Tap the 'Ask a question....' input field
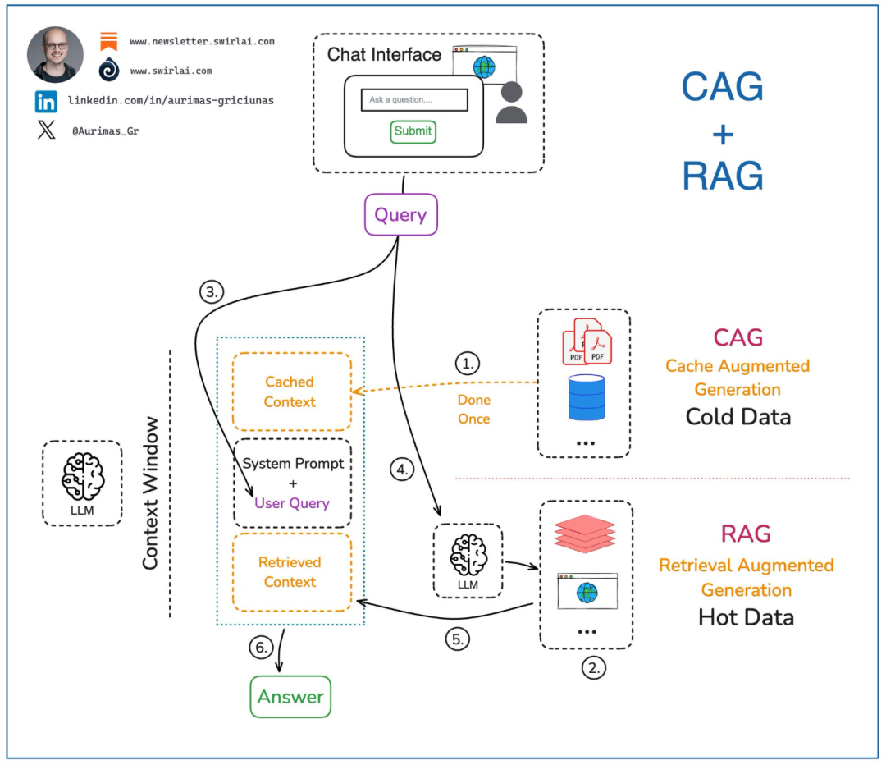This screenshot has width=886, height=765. coord(414,100)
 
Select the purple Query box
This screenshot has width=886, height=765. coord(401,216)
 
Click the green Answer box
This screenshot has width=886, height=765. coord(290,697)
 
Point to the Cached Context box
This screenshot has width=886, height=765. coord(291,392)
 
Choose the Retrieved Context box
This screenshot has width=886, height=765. coord(291,572)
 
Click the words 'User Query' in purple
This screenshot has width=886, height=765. coord(292,503)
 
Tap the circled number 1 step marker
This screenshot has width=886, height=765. coord(468,363)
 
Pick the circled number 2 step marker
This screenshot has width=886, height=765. coord(595,667)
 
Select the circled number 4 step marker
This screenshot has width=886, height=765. coord(401,470)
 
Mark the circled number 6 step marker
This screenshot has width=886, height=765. coord(260,648)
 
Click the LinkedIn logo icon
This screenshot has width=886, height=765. coord(46,102)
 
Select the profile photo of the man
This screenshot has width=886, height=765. coord(56,55)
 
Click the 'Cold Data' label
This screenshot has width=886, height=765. coord(738,416)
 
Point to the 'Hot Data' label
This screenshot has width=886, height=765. coord(746,616)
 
